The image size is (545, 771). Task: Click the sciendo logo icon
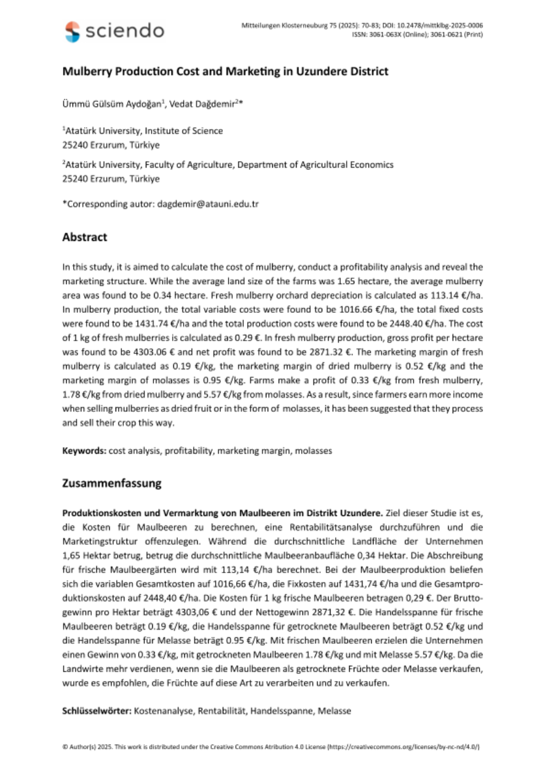coord(73,30)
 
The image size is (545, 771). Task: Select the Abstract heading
coord(84,237)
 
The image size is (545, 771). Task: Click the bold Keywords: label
coord(84,450)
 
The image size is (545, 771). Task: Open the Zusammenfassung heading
coord(112,483)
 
